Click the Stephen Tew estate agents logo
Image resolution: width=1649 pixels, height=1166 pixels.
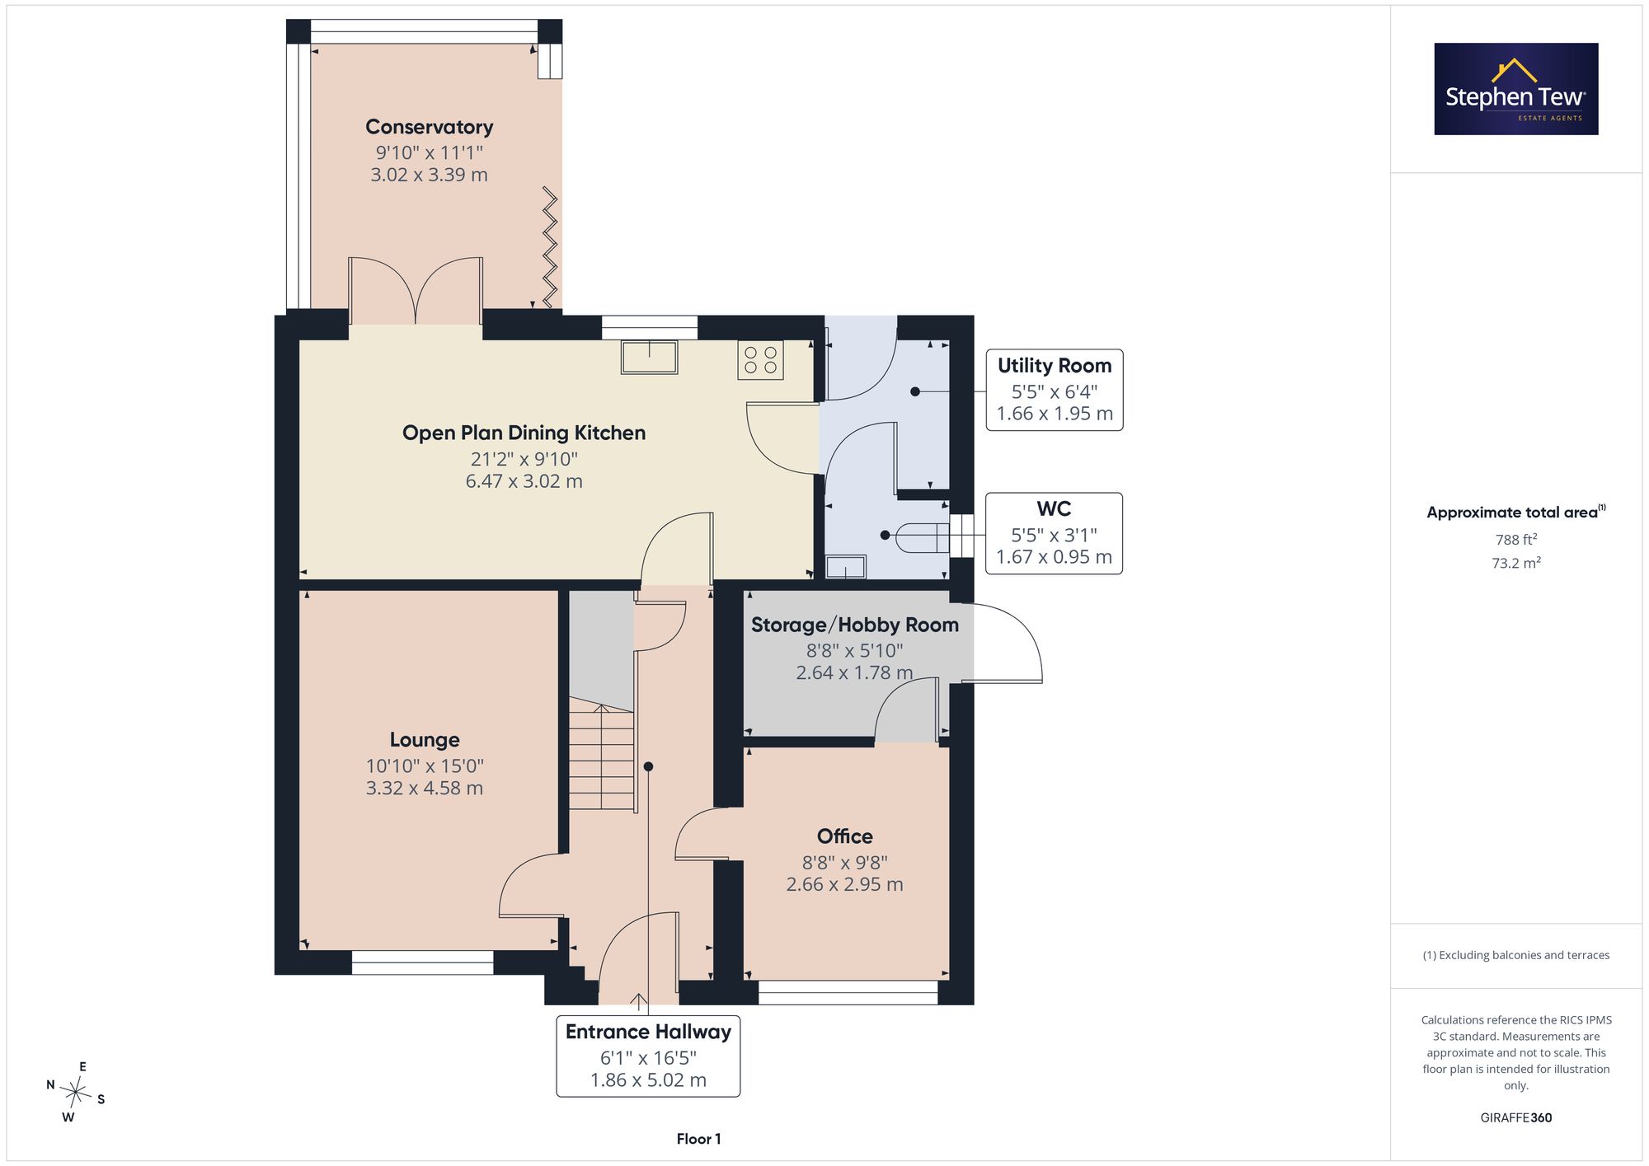click(1516, 89)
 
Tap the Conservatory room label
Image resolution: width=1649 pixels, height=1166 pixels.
click(429, 127)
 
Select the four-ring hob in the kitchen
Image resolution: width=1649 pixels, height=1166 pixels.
click(760, 360)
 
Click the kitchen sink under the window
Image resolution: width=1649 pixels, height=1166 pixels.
click(650, 357)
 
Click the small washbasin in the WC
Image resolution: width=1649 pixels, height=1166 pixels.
click(846, 567)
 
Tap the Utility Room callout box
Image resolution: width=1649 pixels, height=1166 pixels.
click(1055, 390)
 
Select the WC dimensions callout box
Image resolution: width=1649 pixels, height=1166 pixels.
click(1055, 533)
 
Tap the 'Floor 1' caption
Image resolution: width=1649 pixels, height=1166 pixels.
click(698, 1139)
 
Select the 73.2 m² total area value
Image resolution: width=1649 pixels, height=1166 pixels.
click(1516, 563)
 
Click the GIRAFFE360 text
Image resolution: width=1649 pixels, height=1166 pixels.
click(1516, 1118)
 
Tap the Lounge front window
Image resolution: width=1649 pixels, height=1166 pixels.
click(422, 962)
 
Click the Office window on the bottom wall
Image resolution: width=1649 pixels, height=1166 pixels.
click(848, 992)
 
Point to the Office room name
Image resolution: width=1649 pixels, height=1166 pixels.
click(844, 836)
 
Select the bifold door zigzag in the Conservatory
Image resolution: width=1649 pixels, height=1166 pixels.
click(550, 247)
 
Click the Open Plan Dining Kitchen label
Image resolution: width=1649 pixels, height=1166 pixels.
click(524, 433)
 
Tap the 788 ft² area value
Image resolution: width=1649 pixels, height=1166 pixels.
click(1516, 540)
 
